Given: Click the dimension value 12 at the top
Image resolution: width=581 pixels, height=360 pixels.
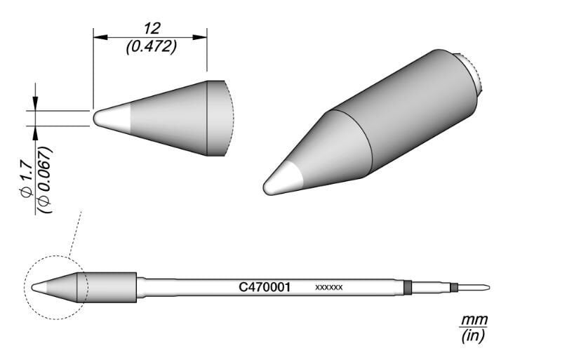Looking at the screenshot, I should click(x=150, y=28).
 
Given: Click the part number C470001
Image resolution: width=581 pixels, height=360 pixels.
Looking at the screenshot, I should click(x=265, y=287).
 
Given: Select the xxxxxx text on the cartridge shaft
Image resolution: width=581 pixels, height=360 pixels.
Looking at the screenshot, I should click(x=328, y=288).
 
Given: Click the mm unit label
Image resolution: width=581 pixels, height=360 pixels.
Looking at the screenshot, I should click(x=474, y=321).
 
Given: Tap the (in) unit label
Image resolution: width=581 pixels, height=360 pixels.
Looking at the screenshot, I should click(x=474, y=336).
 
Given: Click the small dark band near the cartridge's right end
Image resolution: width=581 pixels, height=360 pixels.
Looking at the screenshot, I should click(x=454, y=287).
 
